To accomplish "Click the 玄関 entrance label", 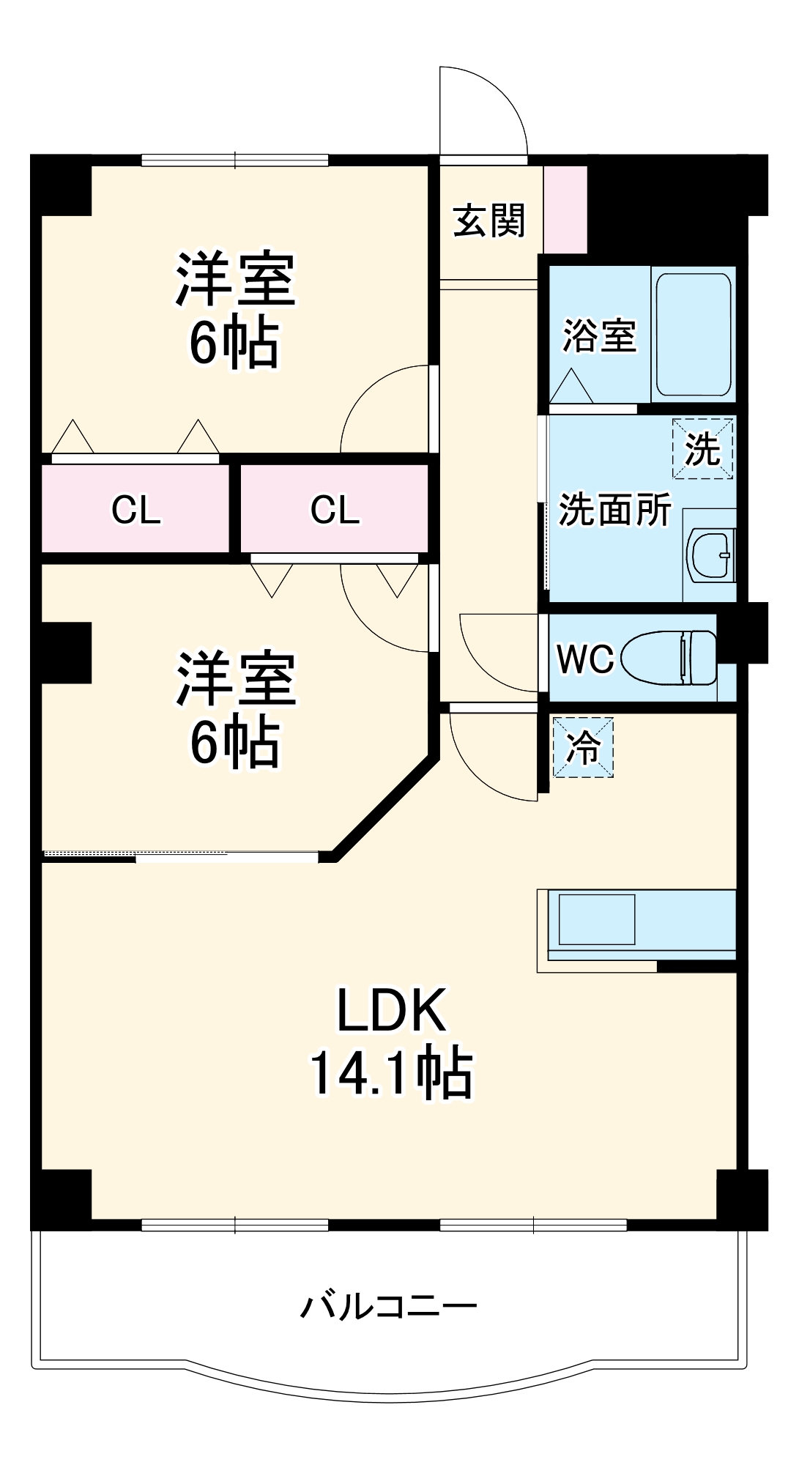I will pos(489,220).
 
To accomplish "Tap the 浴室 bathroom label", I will pos(599,335).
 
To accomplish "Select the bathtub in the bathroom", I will pos(693,334).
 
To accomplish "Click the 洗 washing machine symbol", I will pos(702,448).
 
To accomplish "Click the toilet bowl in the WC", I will pos(668,658).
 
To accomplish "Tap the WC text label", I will pos(584,659).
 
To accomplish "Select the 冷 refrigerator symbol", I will pos(583,747).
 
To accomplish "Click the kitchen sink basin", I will pos(596,919).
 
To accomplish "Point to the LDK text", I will pos(391,1011).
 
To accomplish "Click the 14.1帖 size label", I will pos(391,1074).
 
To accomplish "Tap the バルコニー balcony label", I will pos(389,1306).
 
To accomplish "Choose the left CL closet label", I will pos(135,509).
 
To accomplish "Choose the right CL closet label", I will pos(335,509).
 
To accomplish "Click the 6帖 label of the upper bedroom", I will pos(234,343).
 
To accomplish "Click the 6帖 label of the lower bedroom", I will pos(234,742).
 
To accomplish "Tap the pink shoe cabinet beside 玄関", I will pos(565,209).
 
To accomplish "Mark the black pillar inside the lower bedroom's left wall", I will pos(67,652).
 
